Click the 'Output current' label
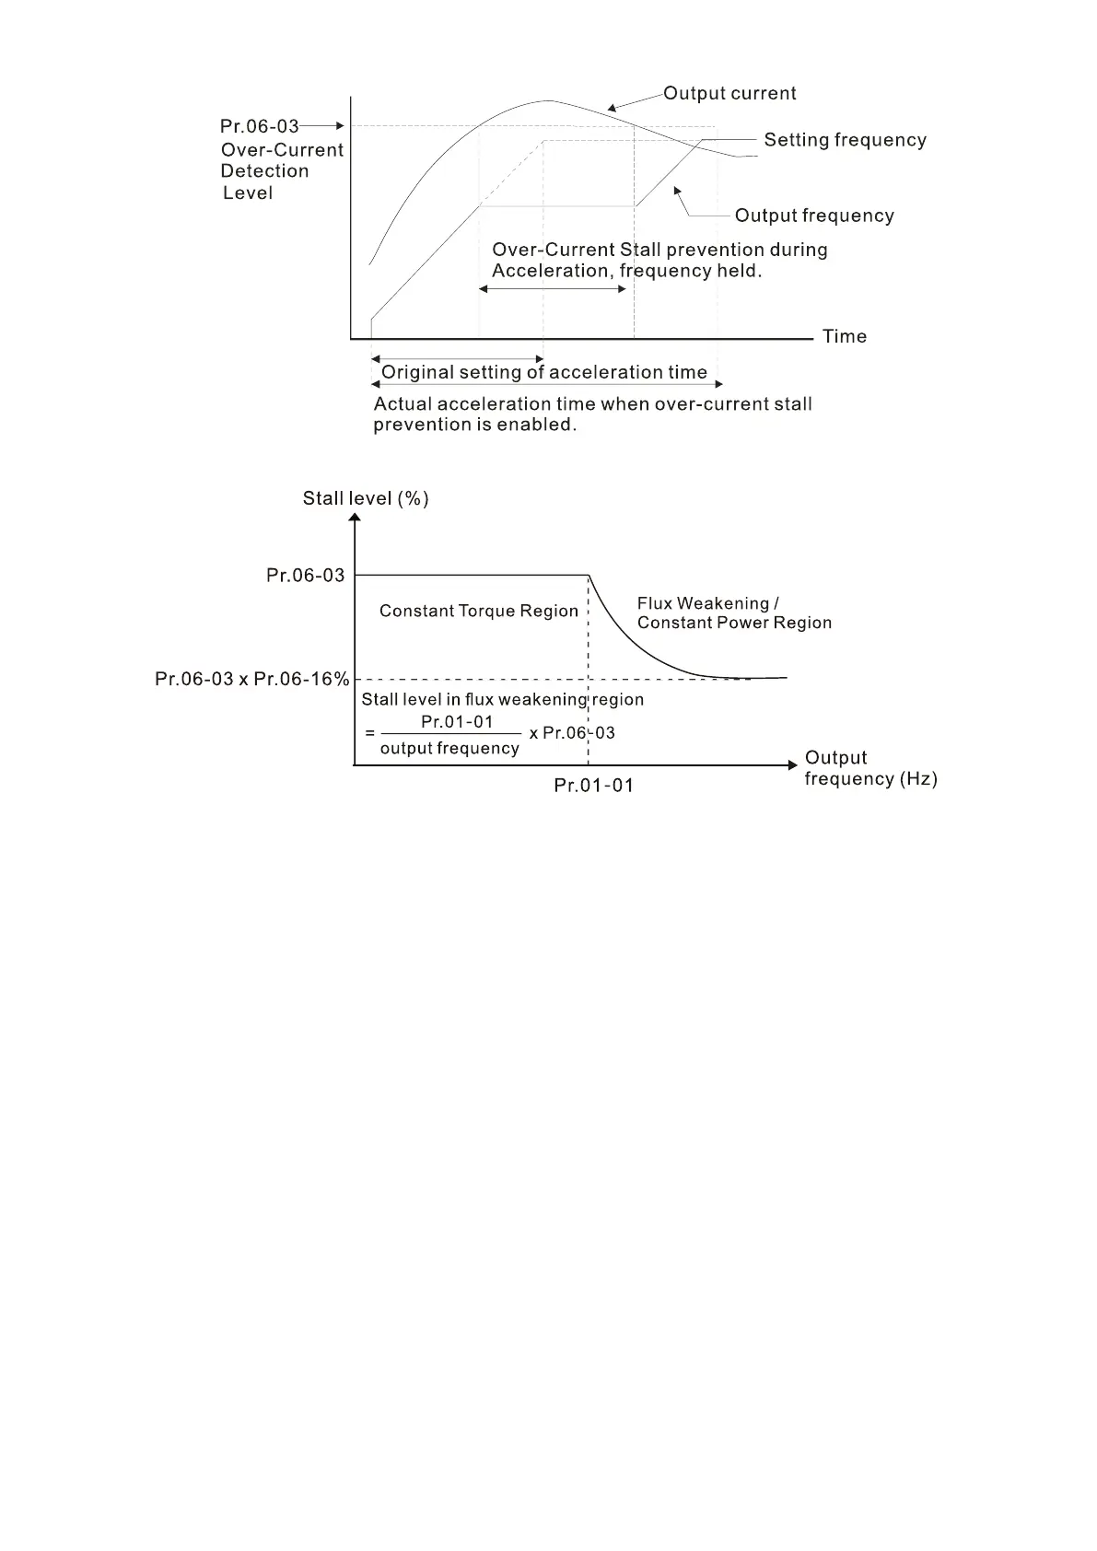click(729, 93)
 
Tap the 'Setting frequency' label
click(845, 140)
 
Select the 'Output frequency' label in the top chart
click(814, 216)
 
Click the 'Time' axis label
click(845, 336)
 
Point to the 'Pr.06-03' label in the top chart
click(259, 126)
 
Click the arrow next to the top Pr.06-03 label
click(321, 125)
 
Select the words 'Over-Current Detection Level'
click(281, 171)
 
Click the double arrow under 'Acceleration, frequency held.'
click(553, 289)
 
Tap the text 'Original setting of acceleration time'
click(543, 372)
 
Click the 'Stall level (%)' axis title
click(366, 498)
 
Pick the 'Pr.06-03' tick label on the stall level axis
click(305, 576)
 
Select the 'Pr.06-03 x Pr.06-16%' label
click(251, 680)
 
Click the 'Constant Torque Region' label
click(479, 611)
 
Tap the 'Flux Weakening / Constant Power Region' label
click(734, 613)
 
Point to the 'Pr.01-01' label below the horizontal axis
click(593, 786)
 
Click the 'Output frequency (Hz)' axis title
click(870, 768)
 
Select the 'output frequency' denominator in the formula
click(449, 749)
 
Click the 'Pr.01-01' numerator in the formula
click(457, 722)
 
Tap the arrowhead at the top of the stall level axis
click(355, 518)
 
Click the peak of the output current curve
click(549, 100)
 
